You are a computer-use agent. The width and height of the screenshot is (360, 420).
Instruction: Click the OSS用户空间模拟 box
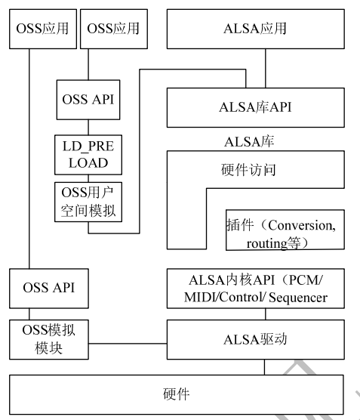click(x=87, y=201)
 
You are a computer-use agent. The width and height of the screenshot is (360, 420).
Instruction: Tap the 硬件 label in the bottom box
click(x=177, y=393)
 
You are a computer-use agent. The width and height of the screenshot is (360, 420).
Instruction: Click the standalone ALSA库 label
click(x=248, y=140)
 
